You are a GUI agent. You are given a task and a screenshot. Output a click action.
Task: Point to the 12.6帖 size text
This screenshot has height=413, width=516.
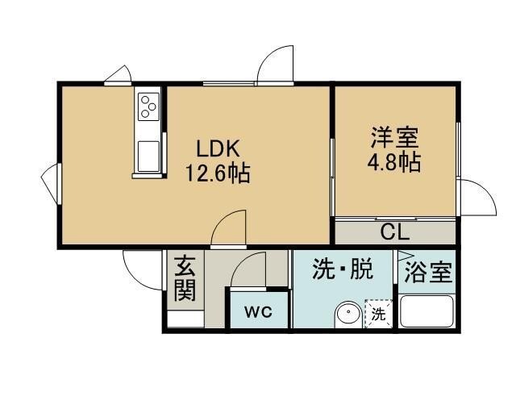click(218, 173)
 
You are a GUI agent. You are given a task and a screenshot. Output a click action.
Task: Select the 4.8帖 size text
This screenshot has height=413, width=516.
click(394, 161)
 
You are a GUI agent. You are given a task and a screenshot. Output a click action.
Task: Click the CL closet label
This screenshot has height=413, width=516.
click(395, 232)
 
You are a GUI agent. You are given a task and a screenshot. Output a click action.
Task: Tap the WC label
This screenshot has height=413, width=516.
click(258, 311)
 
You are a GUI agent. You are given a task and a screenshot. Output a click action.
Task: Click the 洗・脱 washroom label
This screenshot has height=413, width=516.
click(343, 270)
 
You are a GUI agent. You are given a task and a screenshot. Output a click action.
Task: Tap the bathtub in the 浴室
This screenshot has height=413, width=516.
click(427, 311)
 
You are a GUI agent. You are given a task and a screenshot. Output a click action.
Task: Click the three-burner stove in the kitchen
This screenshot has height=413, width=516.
click(148, 106)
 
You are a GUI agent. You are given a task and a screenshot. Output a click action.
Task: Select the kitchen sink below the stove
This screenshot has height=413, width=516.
click(148, 155)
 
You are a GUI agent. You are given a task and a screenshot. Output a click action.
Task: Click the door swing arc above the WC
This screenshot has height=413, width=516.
click(250, 268)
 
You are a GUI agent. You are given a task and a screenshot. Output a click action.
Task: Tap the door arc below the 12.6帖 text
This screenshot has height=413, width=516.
click(231, 226)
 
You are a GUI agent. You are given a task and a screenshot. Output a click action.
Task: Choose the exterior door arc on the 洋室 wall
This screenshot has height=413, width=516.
click(476, 197)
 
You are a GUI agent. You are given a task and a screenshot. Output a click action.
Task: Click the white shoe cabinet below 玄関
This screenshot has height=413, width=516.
click(185, 317)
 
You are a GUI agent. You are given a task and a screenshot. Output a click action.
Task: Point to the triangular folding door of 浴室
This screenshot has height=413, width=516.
click(400, 267)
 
